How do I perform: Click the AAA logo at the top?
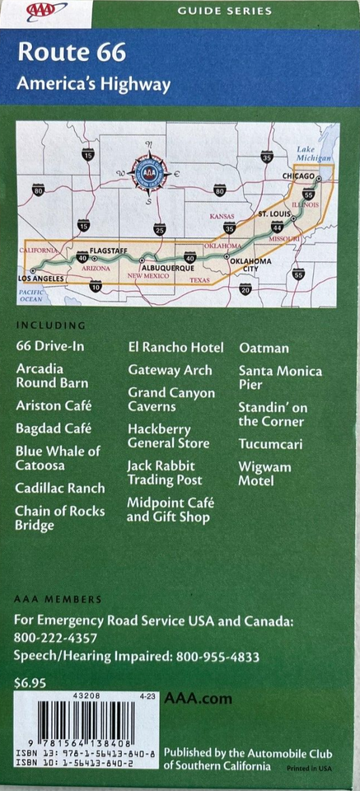point(47,11)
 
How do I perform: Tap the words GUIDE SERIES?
point(224,11)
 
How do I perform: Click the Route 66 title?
point(72,54)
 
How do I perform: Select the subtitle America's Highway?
point(95,84)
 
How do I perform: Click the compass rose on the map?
point(148,173)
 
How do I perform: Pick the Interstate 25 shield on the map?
point(159,230)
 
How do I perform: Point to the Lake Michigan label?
point(314,153)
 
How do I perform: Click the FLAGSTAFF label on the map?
point(108,248)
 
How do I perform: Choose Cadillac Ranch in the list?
point(59,488)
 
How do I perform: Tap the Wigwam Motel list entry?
point(264,473)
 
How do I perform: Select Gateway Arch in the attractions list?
point(170,370)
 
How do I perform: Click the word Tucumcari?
point(270,444)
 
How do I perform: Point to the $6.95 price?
point(30,682)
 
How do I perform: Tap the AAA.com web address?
point(198,699)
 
